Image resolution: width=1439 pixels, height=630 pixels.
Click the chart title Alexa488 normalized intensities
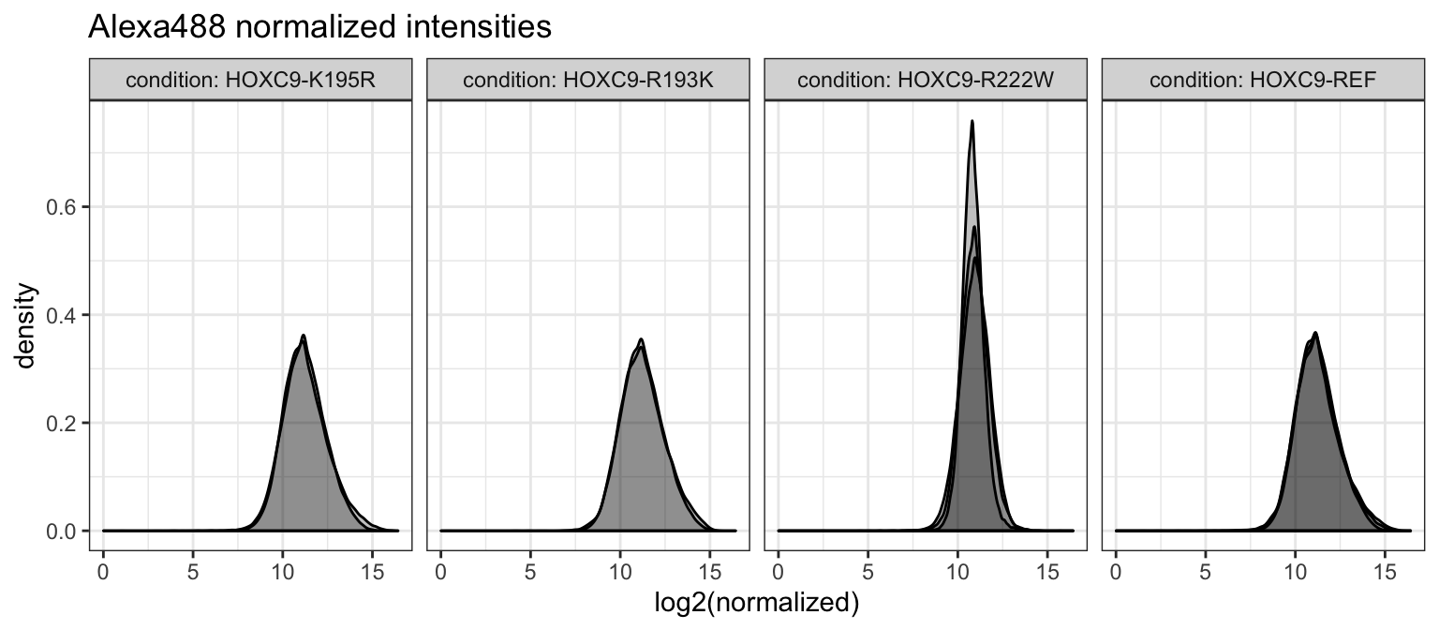[x=319, y=28]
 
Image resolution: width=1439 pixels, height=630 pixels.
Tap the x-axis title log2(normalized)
[x=756, y=602]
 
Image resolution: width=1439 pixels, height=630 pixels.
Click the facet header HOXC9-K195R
[x=249, y=81]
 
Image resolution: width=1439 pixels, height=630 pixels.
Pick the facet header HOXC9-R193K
[x=587, y=81]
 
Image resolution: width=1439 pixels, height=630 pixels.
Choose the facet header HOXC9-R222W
[x=925, y=81]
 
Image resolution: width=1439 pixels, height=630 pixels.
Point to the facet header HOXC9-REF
[x=1262, y=81]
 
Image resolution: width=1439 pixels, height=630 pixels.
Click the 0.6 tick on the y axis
[x=61, y=206]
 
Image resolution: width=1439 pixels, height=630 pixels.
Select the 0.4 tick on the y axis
[x=61, y=315]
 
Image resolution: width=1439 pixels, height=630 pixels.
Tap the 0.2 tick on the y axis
[x=61, y=423]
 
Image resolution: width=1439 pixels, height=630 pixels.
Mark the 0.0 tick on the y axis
[x=61, y=532]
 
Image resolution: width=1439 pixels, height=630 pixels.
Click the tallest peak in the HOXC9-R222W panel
[x=972, y=121]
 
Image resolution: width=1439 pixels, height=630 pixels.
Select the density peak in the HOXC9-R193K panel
[x=641, y=339]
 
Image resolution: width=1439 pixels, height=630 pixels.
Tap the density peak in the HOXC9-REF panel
[x=1315, y=333]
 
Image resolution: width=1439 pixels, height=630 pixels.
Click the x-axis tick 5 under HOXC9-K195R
[x=192, y=569]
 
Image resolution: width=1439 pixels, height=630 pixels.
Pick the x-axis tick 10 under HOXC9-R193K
[x=619, y=569]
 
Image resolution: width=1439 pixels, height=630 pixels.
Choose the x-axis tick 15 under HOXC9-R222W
[x=1046, y=569]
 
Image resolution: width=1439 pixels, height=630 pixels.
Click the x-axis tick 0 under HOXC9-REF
[x=1116, y=569]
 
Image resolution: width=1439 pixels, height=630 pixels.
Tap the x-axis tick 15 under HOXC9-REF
[x=1384, y=569]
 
